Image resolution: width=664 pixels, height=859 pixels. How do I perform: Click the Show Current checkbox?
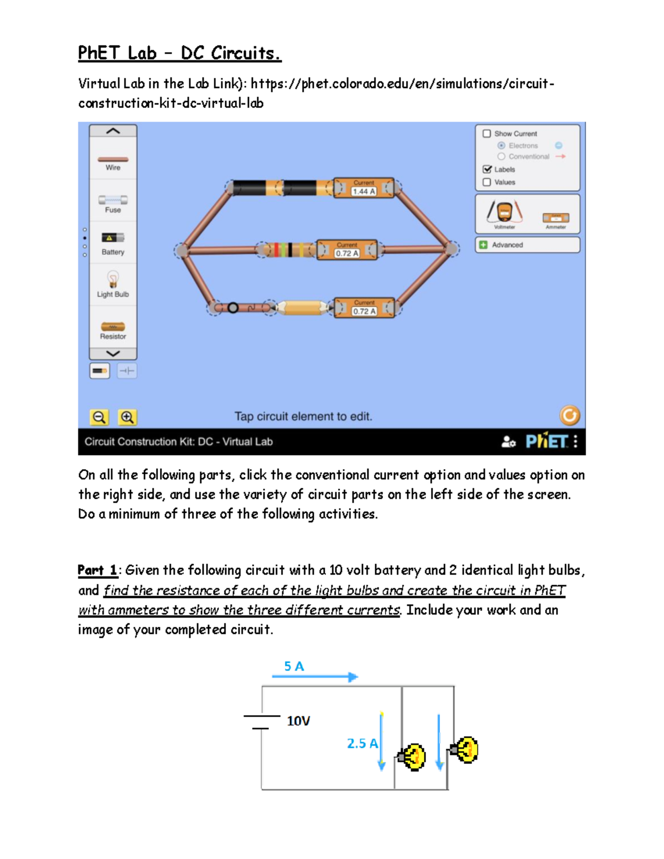487,133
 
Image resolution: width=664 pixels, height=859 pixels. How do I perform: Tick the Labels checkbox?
487,169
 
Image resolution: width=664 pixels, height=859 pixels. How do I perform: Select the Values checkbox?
487,182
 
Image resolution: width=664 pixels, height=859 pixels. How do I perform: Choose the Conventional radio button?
501,157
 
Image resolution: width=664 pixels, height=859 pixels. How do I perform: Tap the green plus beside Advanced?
483,245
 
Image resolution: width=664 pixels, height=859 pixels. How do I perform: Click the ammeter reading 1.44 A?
364,188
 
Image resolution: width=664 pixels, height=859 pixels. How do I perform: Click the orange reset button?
569,415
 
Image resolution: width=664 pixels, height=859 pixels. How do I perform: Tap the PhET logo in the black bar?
546,441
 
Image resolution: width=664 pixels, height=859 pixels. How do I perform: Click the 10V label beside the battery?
298,721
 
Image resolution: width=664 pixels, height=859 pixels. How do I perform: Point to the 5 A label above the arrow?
294,667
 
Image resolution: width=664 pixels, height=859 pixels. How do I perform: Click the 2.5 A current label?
362,743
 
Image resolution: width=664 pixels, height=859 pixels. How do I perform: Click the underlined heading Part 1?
97,570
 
